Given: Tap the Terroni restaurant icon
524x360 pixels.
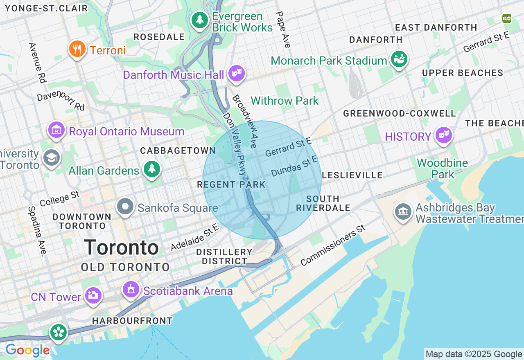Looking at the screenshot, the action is (77, 49).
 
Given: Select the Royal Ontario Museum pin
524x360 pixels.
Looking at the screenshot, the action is (56, 130).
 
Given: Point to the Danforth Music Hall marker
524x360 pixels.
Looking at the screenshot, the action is (237, 74).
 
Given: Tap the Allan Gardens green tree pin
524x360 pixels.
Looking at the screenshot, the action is (151, 169).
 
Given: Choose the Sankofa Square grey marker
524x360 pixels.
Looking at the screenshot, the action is (125, 207).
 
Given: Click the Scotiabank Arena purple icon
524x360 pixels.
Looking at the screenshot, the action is (131, 290).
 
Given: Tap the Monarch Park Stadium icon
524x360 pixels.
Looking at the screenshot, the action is (399, 60).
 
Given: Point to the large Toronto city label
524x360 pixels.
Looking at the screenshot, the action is (121, 248).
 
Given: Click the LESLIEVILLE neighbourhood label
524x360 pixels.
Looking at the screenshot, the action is (352, 175).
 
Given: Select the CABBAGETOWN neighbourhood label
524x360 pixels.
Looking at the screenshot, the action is (178, 151).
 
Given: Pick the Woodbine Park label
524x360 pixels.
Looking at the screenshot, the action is (442, 169).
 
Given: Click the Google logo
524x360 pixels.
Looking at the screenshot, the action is (27, 351).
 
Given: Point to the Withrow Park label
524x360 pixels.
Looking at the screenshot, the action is (285, 101).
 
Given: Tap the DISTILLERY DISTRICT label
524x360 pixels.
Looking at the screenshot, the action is (224, 256).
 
